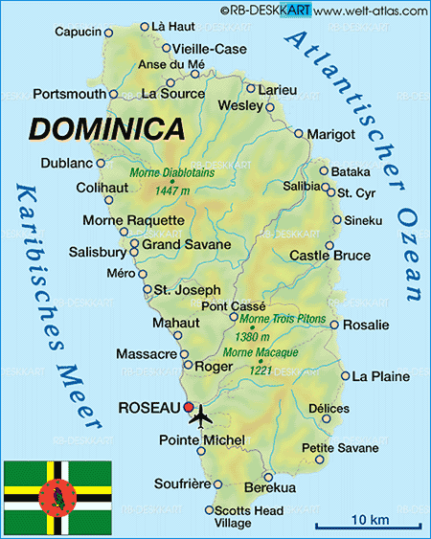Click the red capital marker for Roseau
190,407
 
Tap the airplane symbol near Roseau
201,416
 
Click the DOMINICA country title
106,127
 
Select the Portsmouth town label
68,94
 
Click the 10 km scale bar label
368,520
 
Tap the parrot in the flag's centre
57,496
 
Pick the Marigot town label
331,134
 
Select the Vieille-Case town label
210,49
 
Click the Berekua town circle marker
267,476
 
